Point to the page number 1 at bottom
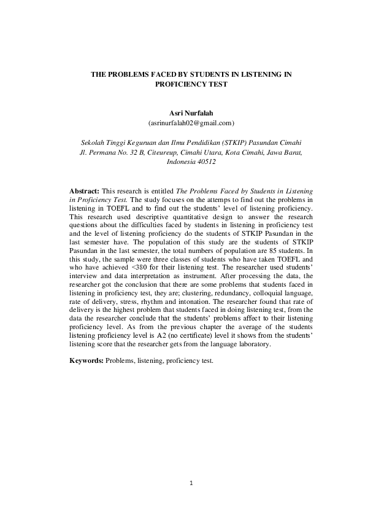coord(191,483)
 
